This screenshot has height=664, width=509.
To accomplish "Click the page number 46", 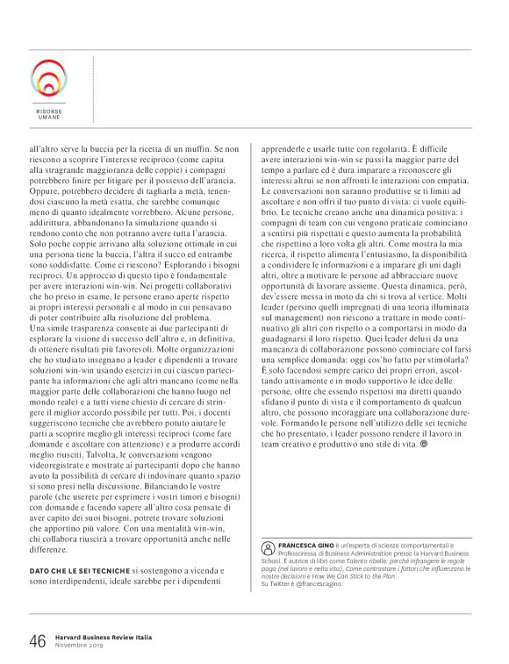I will pyautogui.click(x=38, y=641).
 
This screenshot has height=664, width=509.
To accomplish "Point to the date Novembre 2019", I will pyautogui.click(x=80, y=646).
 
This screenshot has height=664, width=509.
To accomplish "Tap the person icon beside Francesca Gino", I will pyautogui.click(x=268, y=546).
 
